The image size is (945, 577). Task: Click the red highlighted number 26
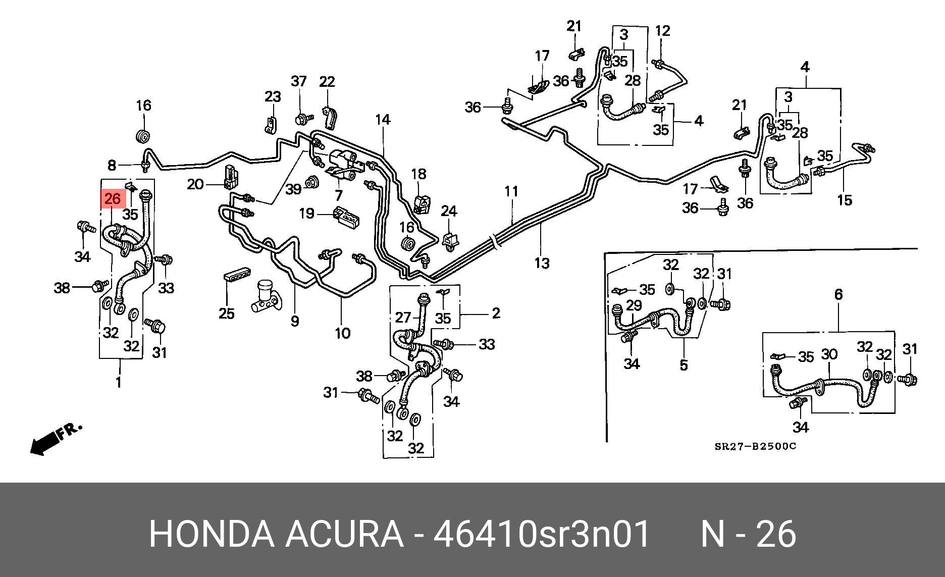pyautogui.click(x=112, y=198)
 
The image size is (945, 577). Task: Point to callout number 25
pyautogui.click(x=227, y=313)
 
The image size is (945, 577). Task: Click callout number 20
pyautogui.click(x=195, y=184)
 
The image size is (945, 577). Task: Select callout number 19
pyautogui.click(x=306, y=214)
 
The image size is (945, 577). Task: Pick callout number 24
pyautogui.click(x=449, y=211)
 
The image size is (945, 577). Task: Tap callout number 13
pyautogui.click(x=542, y=263)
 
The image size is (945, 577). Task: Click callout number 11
pyautogui.click(x=511, y=191)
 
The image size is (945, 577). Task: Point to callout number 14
pyautogui.click(x=383, y=120)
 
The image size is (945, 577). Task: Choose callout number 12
pyautogui.click(x=662, y=31)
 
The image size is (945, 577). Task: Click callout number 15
pyautogui.click(x=844, y=200)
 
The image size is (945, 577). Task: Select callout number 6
pyautogui.click(x=838, y=294)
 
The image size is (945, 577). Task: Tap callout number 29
pyautogui.click(x=634, y=305)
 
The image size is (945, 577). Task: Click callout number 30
pyautogui.click(x=829, y=354)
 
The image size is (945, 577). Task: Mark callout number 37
pyautogui.click(x=299, y=81)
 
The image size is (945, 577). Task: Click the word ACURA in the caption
pyautogui.click(x=344, y=534)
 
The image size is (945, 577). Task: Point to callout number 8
pyautogui.click(x=112, y=165)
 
